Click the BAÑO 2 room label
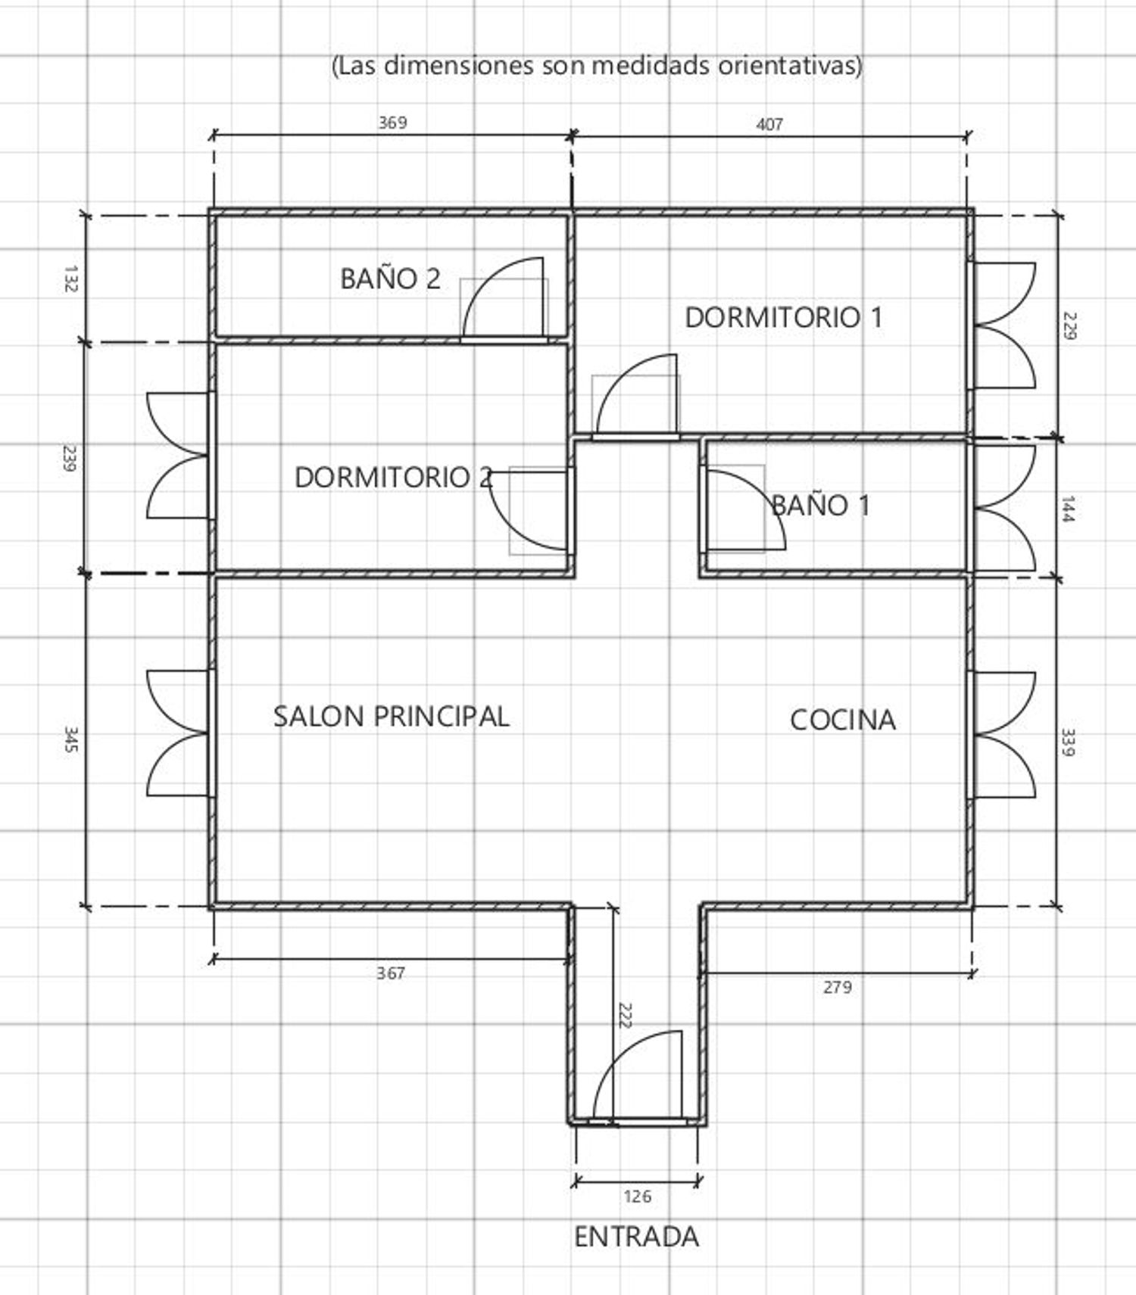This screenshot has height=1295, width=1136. [x=390, y=279]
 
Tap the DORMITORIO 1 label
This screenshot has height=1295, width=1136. [x=784, y=317]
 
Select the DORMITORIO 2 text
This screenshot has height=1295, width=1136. [x=393, y=478]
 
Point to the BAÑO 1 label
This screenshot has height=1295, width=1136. [x=820, y=505]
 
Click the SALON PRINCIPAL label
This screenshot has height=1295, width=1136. [x=391, y=717]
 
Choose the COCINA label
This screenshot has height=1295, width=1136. [x=843, y=720]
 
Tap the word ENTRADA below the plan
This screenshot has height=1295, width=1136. [x=636, y=1237]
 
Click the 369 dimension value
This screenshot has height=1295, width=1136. [x=392, y=123]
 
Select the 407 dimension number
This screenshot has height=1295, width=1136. [x=769, y=124]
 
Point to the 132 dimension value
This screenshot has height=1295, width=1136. [x=71, y=279]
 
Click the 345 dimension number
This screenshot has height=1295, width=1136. [x=71, y=739]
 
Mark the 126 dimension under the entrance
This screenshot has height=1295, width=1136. [x=637, y=1197]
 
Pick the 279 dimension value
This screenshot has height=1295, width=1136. [x=838, y=987]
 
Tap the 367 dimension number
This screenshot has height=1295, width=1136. [x=391, y=973]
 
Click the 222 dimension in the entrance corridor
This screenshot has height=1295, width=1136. [x=625, y=1016]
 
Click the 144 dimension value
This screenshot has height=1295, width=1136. [x=1069, y=509]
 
